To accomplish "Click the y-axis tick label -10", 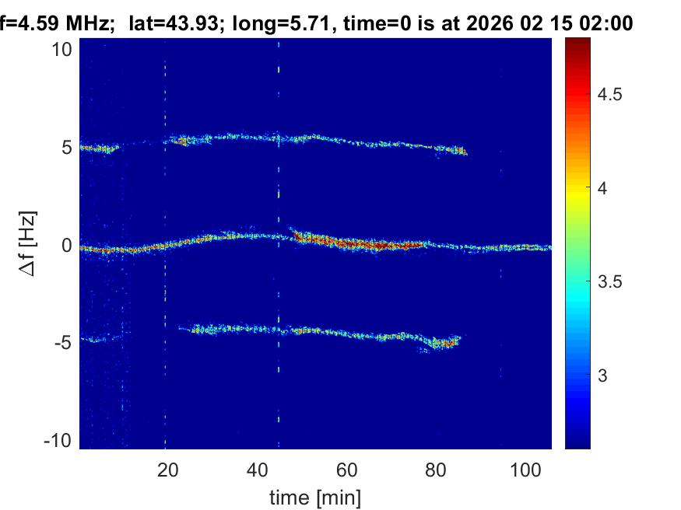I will tap(59, 441).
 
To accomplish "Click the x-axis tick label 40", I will tap(256, 469).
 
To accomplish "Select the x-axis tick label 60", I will tap(346, 469).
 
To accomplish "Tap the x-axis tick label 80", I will tap(437, 469).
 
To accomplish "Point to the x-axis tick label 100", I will tap(526, 469).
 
